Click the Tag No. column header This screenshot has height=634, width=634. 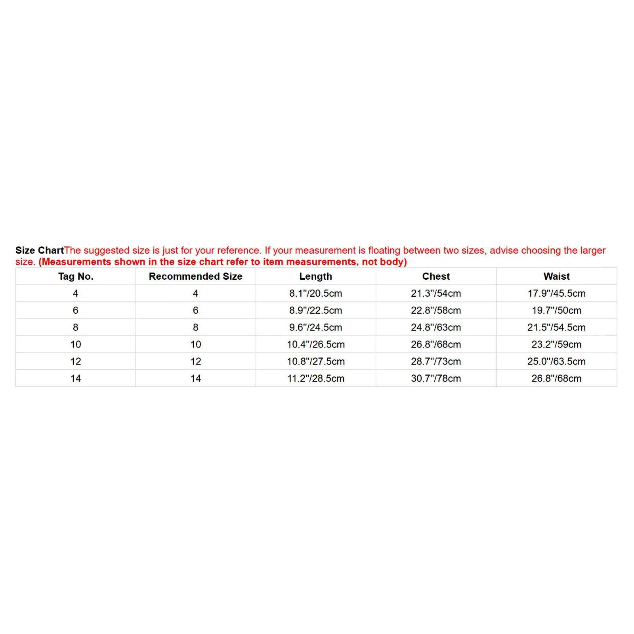coord(76,276)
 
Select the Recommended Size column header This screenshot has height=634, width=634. coord(195,276)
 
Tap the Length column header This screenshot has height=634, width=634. coord(315,276)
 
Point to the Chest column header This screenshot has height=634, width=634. coord(436,276)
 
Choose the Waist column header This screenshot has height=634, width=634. coord(556,276)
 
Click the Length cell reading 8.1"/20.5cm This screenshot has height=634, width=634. coord(315,293)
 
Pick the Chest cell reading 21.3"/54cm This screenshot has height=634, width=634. coord(436,293)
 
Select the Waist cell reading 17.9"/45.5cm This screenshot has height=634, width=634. coord(556,293)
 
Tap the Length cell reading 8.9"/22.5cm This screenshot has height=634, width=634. coord(315,310)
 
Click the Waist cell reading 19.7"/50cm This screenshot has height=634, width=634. coord(556,310)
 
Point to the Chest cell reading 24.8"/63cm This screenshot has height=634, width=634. coord(436,327)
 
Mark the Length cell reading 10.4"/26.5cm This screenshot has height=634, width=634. coord(315,344)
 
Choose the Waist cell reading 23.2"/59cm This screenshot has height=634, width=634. coord(556,344)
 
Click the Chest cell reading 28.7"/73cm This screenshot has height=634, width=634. coord(436,361)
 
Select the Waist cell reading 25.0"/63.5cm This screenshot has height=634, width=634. coord(556,361)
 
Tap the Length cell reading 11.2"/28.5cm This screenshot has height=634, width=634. coord(315,378)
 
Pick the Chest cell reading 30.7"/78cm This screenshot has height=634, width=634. coord(436,378)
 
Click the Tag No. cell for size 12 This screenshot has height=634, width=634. coord(76,361)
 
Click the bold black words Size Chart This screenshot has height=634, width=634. coord(40,250)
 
